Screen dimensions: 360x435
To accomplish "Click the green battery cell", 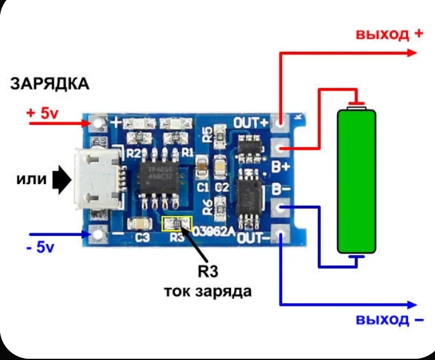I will click(357, 182).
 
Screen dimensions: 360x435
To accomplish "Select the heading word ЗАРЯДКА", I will click(49, 84).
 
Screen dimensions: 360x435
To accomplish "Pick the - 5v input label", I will click(41, 247).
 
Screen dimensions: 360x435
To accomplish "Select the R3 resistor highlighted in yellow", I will click(177, 223).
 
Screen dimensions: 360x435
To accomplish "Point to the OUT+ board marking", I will click(250, 122).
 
